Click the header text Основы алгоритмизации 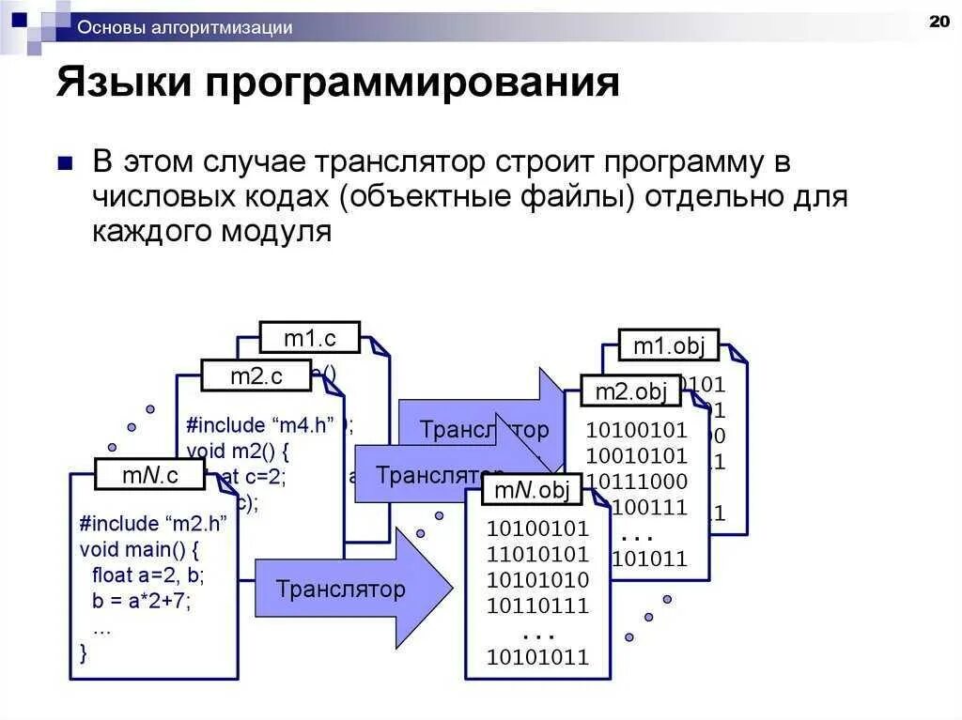[184, 28]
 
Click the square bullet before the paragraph [65, 163]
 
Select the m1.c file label [309, 337]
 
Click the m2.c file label [256, 376]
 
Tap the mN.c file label [149, 475]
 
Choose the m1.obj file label [667, 345]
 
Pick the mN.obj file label [531, 489]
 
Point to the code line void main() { [139, 548]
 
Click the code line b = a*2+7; [140, 601]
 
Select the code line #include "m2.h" [153, 523]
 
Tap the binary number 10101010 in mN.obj [537, 579]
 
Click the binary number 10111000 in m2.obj [636, 482]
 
